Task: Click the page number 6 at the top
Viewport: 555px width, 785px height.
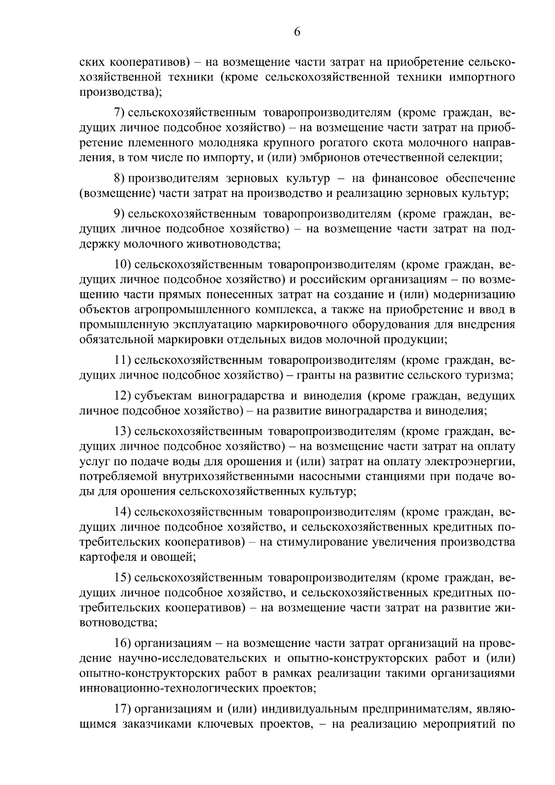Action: pyautogui.click(x=297, y=32)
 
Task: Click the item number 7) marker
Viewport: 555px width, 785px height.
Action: pyautogui.click(x=120, y=113)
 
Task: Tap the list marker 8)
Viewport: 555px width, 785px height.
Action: pyautogui.click(x=120, y=178)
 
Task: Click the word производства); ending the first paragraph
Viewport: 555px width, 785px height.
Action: pyautogui.click(x=121, y=92)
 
